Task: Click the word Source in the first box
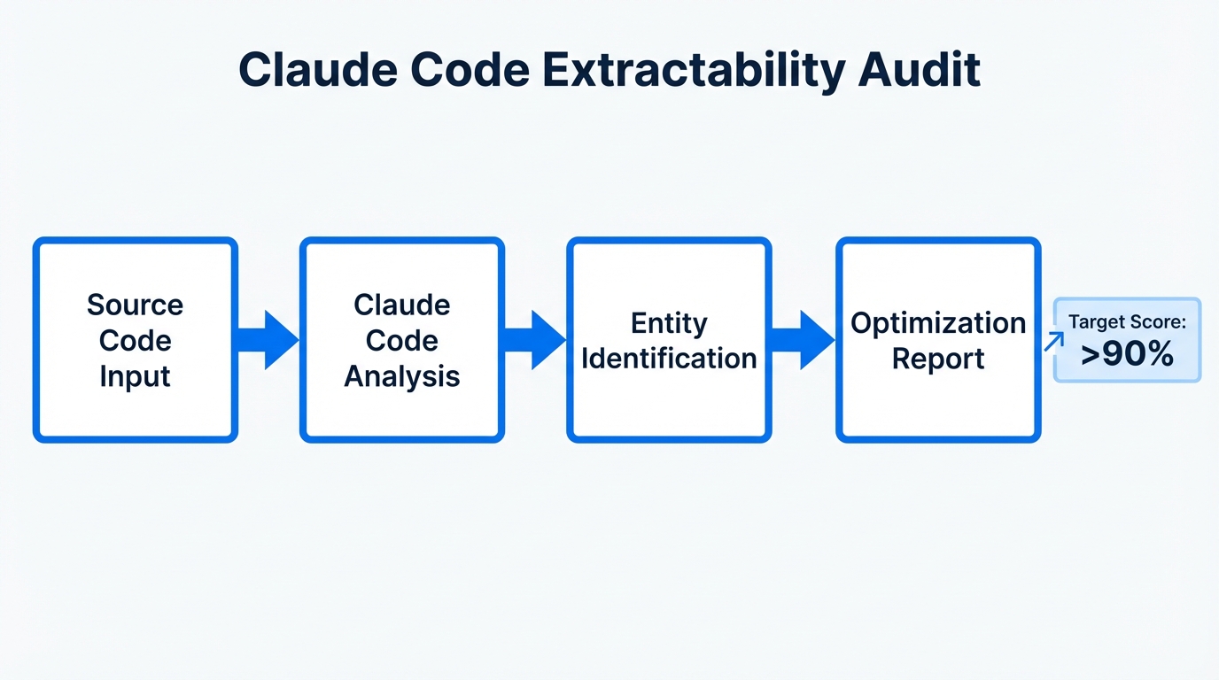(x=135, y=305)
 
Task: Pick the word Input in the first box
(x=135, y=376)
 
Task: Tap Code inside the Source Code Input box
(x=135, y=341)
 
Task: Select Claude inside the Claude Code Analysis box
(x=401, y=305)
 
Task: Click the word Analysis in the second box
(x=401, y=376)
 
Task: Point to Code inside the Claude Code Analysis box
(x=401, y=341)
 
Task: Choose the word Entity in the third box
(x=669, y=323)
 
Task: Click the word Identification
(x=669, y=359)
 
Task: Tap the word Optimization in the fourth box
(x=938, y=323)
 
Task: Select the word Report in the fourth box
(x=938, y=359)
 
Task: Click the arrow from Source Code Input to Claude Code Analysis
(x=268, y=340)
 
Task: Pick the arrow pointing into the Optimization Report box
(x=804, y=340)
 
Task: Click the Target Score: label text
(x=1127, y=322)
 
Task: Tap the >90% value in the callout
(x=1127, y=354)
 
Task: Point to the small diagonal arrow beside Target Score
(x=1054, y=341)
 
